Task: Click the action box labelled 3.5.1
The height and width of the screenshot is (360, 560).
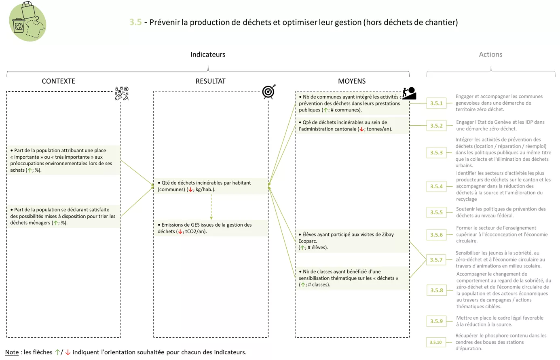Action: (x=436, y=103)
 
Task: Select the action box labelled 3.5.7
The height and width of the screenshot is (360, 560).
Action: (x=436, y=260)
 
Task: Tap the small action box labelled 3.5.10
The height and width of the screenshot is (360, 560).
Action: (x=435, y=342)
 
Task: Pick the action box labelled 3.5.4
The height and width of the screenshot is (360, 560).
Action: (x=436, y=186)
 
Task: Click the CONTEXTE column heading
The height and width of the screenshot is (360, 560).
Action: (x=59, y=81)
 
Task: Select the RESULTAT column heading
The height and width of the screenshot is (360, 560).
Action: (x=210, y=81)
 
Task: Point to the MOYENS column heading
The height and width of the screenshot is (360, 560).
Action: (x=352, y=81)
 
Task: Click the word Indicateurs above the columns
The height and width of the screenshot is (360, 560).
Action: (x=208, y=55)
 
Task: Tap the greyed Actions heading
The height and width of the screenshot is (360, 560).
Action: (x=490, y=55)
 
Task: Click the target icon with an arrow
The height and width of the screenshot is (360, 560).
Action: (x=268, y=92)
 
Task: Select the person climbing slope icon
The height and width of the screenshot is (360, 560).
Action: (x=409, y=93)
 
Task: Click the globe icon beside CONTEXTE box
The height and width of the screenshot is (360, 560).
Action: (x=121, y=94)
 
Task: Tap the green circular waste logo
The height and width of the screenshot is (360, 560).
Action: (x=27, y=22)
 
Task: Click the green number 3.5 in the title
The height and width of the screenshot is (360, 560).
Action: (x=135, y=22)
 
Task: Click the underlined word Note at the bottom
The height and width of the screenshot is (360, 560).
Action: (x=12, y=352)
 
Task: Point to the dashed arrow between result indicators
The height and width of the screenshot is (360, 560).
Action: (x=211, y=207)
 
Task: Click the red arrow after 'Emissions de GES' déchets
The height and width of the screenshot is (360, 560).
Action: (x=180, y=232)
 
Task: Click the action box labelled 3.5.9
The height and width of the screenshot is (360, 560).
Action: (x=436, y=321)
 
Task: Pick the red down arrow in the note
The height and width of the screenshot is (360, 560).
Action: (x=68, y=352)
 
